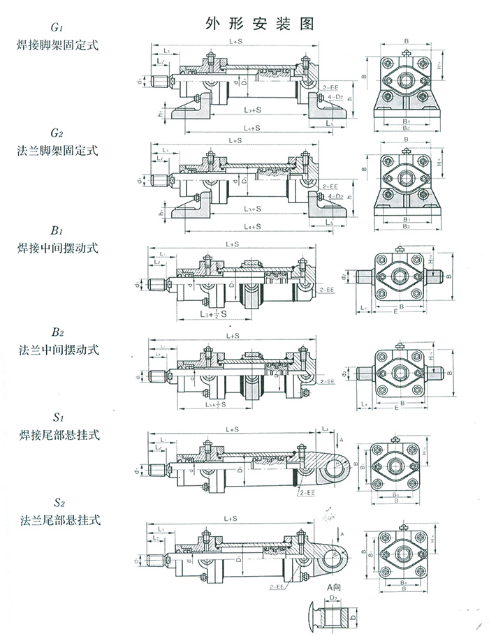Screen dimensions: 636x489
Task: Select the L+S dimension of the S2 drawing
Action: (228, 519)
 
